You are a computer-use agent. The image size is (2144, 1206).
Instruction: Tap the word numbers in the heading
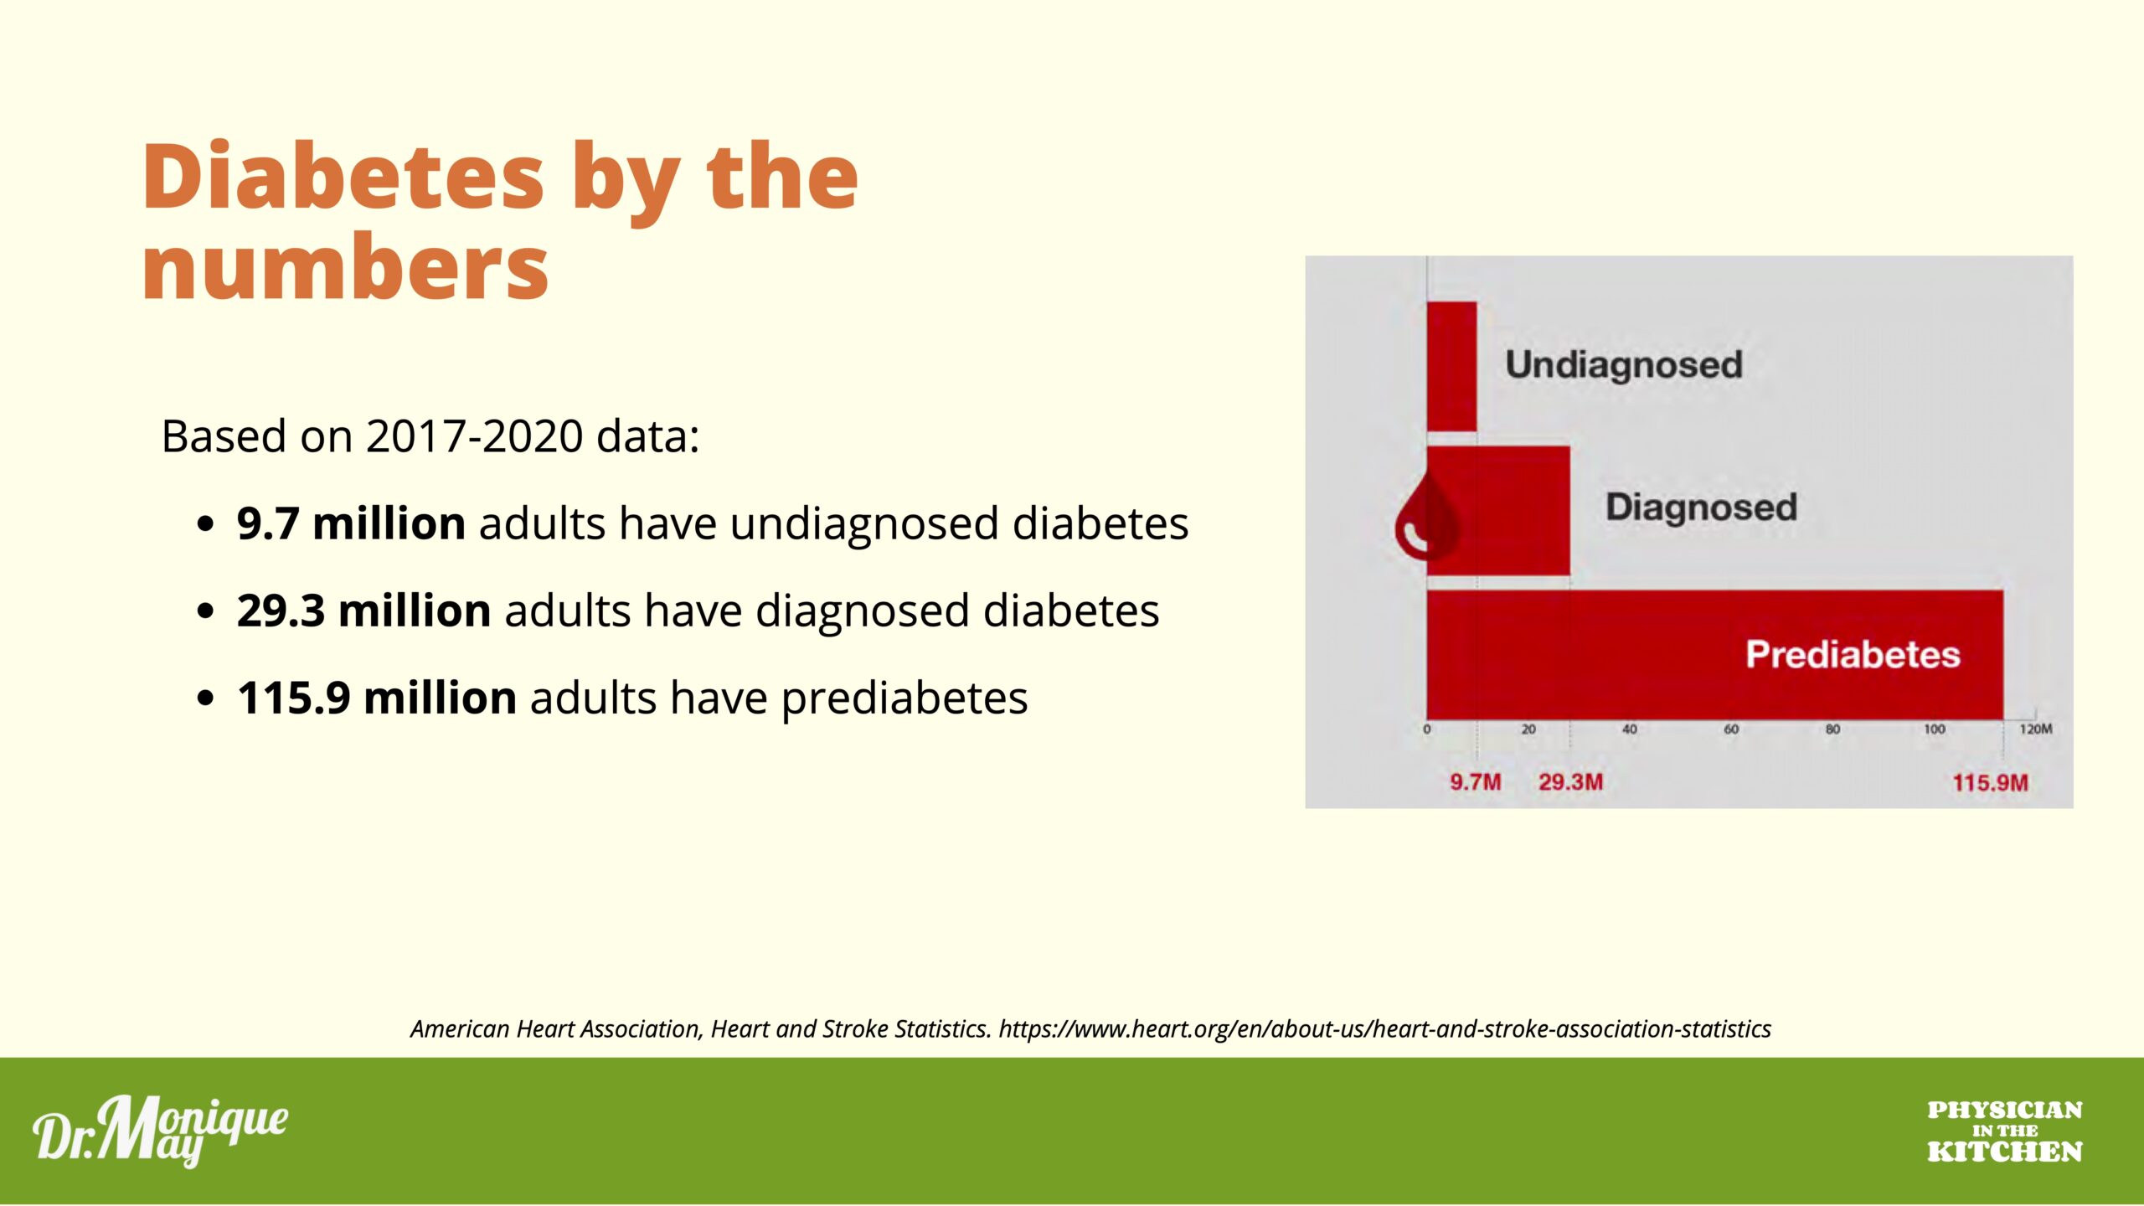[x=345, y=268]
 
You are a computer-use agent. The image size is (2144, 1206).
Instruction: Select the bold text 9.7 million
[x=351, y=523]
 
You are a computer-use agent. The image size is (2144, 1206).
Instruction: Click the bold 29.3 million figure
[x=363, y=611]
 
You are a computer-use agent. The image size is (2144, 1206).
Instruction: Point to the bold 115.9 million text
[x=377, y=698]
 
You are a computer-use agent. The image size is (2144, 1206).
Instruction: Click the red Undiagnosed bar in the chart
[x=1451, y=367]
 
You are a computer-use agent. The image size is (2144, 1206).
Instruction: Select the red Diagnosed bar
[x=1498, y=511]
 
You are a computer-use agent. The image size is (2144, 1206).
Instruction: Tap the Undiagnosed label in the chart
[x=1624, y=365]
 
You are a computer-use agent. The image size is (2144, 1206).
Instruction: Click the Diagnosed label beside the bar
[x=1702, y=508]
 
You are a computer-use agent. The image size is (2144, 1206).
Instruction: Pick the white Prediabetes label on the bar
[x=1853, y=654]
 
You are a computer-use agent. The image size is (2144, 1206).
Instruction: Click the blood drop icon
[x=1426, y=516]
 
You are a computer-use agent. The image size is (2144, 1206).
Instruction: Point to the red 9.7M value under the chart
[x=1475, y=782]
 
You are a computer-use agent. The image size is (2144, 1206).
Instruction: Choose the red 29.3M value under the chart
[x=1570, y=782]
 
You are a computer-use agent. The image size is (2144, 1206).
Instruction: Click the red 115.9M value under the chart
[x=1990, y=783]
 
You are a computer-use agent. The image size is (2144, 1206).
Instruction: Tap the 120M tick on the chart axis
[x=2036, y=729]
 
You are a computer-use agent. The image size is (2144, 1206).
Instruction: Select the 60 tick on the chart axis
[x=1731, y=729]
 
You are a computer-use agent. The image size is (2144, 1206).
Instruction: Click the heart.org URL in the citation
[x=1385, y=1029]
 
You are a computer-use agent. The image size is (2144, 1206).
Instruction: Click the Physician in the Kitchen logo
[x=2004, y=1131]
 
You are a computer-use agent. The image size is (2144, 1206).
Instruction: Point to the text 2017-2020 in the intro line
[x=474, y=436]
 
